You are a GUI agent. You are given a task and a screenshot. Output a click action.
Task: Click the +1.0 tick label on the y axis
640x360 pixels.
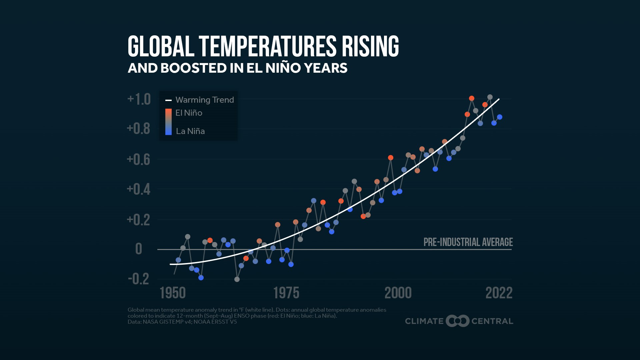click(139, 99)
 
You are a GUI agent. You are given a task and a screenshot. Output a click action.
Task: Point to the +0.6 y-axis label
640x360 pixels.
click(139, 160)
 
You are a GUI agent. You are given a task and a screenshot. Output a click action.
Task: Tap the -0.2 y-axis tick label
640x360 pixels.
click(139, 279)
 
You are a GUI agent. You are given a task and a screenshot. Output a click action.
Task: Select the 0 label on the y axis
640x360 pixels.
click(139, 249)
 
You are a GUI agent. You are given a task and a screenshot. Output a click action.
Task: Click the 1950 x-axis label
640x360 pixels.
click(173, 293)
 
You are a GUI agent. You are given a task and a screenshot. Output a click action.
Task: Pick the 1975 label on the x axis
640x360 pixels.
click(286, 293)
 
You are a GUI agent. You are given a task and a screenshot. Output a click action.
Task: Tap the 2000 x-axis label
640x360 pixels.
click(398, 293)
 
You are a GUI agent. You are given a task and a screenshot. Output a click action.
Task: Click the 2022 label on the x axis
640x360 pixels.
click(499, 293)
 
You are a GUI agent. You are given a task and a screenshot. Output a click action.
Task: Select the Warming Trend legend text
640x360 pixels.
click(205, 100)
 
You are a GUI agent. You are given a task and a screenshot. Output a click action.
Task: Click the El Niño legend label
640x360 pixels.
click(189, 113)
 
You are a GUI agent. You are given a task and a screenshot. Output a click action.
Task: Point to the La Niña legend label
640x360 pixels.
click(190, 131)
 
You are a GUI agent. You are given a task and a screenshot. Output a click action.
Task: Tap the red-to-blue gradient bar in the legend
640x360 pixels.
click(169, 122)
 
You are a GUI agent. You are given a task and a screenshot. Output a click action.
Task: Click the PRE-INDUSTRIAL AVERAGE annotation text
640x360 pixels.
click(468, 242)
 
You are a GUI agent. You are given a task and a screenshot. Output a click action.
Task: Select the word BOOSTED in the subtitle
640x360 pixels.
click(193, 68)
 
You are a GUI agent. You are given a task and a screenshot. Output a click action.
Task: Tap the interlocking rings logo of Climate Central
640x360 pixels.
click(458, 321)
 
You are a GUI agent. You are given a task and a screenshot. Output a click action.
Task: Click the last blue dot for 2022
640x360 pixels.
click(500, 117)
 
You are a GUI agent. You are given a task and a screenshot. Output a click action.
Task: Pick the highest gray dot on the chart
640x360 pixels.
click(490, 97)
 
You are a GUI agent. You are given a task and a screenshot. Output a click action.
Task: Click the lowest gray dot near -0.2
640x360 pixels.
click(237, 279)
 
